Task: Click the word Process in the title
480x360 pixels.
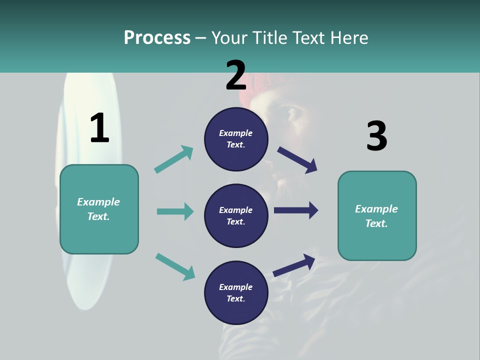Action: [157, 38]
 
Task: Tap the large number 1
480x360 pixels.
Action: [99, 128]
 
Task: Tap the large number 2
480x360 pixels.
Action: [236, 75]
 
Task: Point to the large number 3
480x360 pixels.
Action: [376, 136]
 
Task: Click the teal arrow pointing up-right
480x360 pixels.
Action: [173, 159]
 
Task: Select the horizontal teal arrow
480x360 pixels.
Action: [175, 211]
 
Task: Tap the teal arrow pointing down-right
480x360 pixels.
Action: [175, 266]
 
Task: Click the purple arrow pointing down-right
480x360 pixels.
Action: [297, 159]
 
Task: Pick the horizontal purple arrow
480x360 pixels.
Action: [296, 210]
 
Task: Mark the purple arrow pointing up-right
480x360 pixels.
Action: [294, 265]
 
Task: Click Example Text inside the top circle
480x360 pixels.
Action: [236, 139]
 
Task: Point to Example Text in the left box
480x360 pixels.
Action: [98, 209]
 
